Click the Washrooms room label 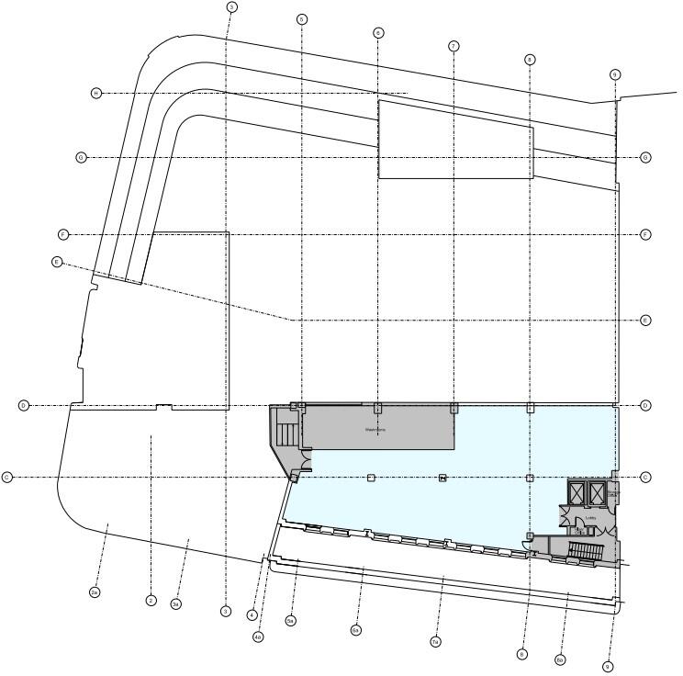click(375, 429)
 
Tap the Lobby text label click(590, 518)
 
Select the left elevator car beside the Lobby click(577, 494)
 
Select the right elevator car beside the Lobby click(598, 494)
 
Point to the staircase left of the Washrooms click(286, 433)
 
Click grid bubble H click(96, 94)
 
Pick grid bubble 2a click(95, 593)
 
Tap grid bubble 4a click(258, 637)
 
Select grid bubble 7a click(435, 641)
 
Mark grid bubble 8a click(560, 660)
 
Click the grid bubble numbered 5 click(302, 19)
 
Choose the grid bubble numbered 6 click(378, 33)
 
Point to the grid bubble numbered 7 click(453, 46)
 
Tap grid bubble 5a click(290, 621)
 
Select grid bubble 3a click(175, 603)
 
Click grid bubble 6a click(355, 630)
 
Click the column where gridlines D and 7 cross click(453, 408)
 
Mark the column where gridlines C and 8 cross click(530, 478)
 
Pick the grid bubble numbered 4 click(252, 615)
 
